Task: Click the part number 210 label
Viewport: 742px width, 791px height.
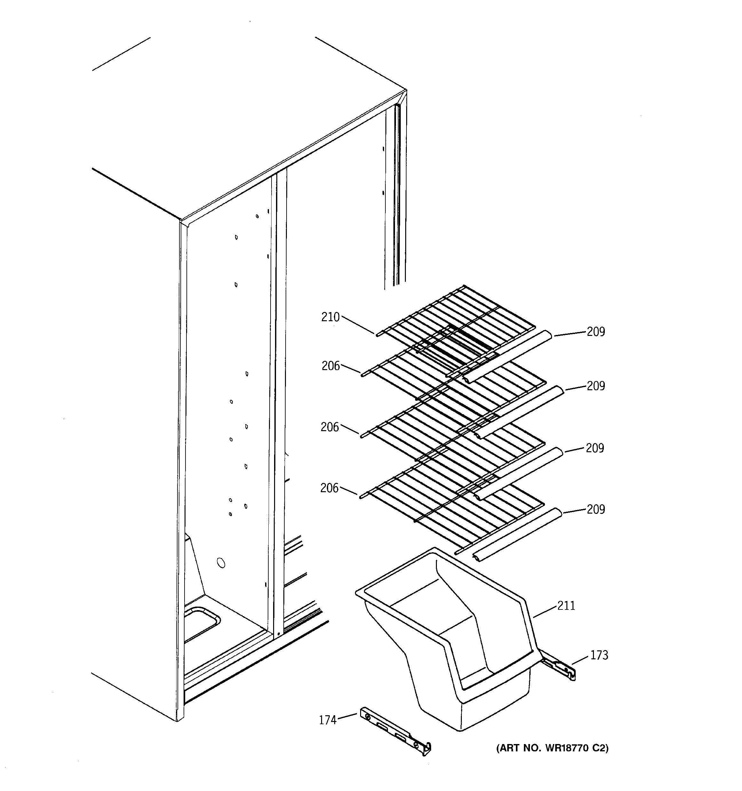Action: pyautogui.click(x=330, y=317)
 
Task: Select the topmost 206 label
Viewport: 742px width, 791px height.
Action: pyautogui.click(x=331, y=366)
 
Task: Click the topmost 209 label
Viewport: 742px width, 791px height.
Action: pyautogui.click(x=596, y=331)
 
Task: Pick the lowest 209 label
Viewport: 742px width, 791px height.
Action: pyautogui.click(x=596, y=509)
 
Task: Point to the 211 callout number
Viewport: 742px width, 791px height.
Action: pyautogui.click(x=566, y=606)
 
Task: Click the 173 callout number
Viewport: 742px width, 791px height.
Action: pyautogui.click(x=599, y=655)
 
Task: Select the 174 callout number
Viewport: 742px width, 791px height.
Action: pyautogui.click(x=328, y=720)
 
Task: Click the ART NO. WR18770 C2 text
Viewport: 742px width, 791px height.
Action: pyautogui.click(x=552, y=748)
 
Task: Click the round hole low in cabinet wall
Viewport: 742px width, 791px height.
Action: pyautogui.click(x=220, y=563)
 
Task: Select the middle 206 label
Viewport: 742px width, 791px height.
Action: pyautogui.click(x=330, y=427)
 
